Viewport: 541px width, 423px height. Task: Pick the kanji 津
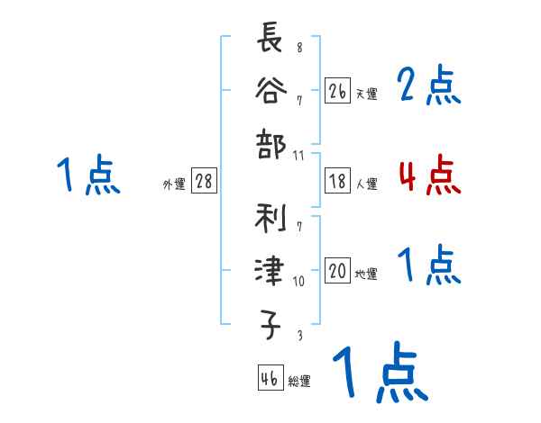coord(270,271)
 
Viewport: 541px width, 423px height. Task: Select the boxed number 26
coord(337,91)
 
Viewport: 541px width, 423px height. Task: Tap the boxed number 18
coord(337,181)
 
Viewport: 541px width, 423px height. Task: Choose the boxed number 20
coord(337,271)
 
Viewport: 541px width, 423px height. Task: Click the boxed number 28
coord(204,181)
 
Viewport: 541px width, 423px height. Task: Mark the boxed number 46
coord(269,379)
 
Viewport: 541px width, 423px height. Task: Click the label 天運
coord(366,94)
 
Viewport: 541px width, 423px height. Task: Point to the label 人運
coord(366,184)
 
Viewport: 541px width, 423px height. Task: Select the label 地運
coord(366,274)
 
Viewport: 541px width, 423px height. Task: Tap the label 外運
coord(174,184)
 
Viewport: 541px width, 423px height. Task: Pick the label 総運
coord(299,382)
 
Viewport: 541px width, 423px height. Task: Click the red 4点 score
coord(429,175)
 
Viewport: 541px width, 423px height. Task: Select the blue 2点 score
coord(429,85)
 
